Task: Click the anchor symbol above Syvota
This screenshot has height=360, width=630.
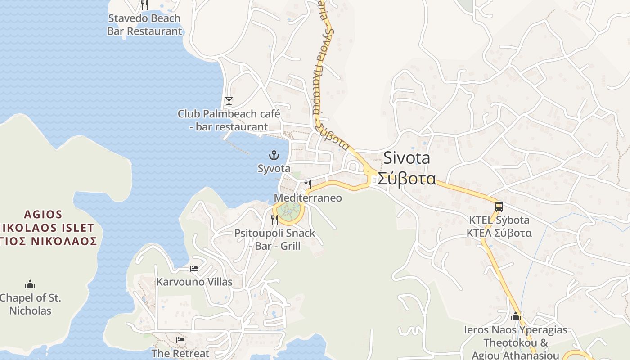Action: [274, 156]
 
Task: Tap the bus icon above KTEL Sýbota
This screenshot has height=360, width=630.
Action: [499, 207]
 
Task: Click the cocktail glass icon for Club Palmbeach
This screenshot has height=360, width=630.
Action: [229, 100]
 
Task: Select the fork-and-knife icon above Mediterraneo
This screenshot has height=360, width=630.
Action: [308, 184]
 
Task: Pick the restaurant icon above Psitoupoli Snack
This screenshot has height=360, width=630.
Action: [274, 220]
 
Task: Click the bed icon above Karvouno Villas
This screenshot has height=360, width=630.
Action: [194, 269]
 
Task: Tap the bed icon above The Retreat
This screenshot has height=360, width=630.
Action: [180, 340]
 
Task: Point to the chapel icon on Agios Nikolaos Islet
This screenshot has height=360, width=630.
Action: [30, 284]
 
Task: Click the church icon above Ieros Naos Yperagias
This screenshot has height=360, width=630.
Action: [516, 317]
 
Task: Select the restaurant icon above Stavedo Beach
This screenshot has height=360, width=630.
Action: [144, 5]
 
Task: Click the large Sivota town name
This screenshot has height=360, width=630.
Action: [407, 158]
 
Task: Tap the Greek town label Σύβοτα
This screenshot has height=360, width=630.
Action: [407, 179]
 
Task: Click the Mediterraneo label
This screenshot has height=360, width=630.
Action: [308, 198]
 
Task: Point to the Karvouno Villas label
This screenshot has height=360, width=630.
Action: [194, 282]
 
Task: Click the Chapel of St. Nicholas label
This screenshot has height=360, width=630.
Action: [30, 304]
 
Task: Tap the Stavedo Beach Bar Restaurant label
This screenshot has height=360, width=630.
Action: [144, 25]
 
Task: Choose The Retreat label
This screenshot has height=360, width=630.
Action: [180, 353]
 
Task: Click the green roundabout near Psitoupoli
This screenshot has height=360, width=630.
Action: [288, 210]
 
